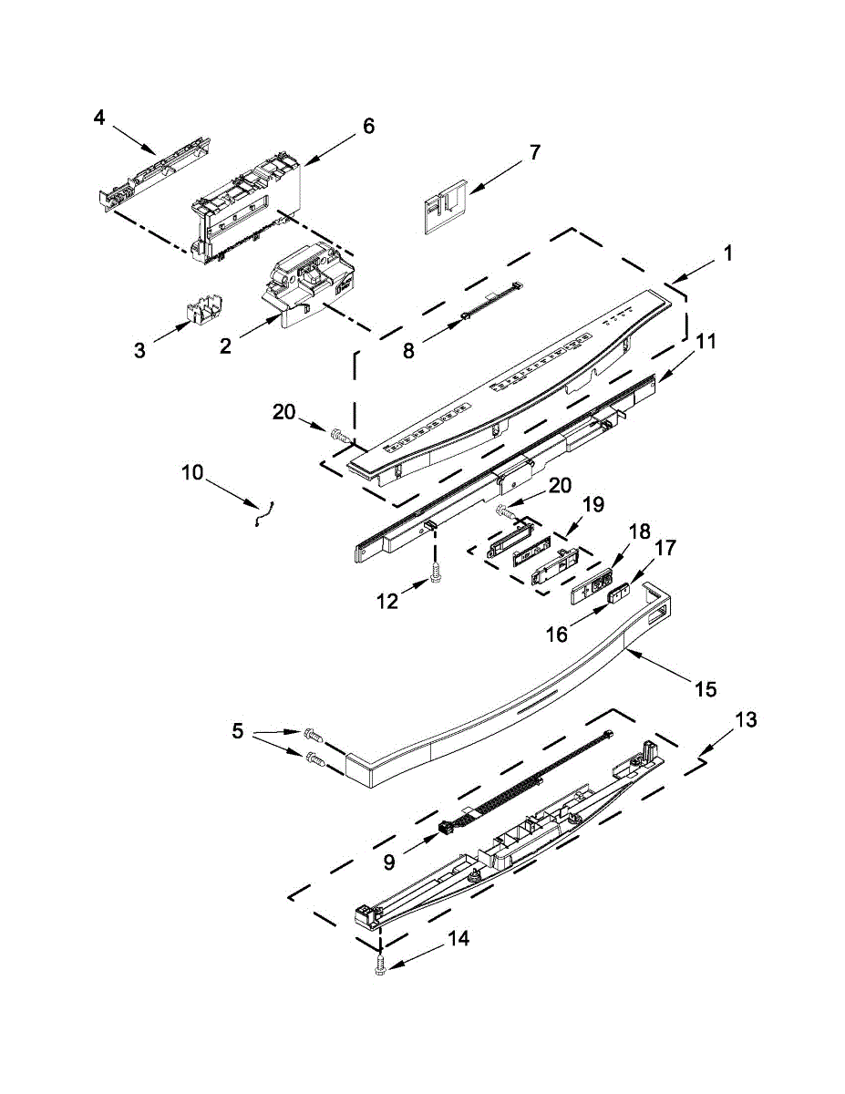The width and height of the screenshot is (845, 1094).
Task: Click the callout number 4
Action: coord(99,118)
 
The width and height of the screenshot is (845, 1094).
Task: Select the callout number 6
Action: coord(368,127)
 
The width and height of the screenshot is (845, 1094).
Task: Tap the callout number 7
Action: coord(534,151)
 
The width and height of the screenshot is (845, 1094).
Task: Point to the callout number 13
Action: coord(745,720)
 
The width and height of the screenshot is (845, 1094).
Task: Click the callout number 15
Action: coord(706,689)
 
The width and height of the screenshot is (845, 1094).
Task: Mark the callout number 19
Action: coord(593,504)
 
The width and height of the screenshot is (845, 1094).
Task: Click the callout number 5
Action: coord(238,730)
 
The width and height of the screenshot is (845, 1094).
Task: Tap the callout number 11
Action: coord(706,342)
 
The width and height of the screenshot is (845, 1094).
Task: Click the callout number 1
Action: coord(726,254)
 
